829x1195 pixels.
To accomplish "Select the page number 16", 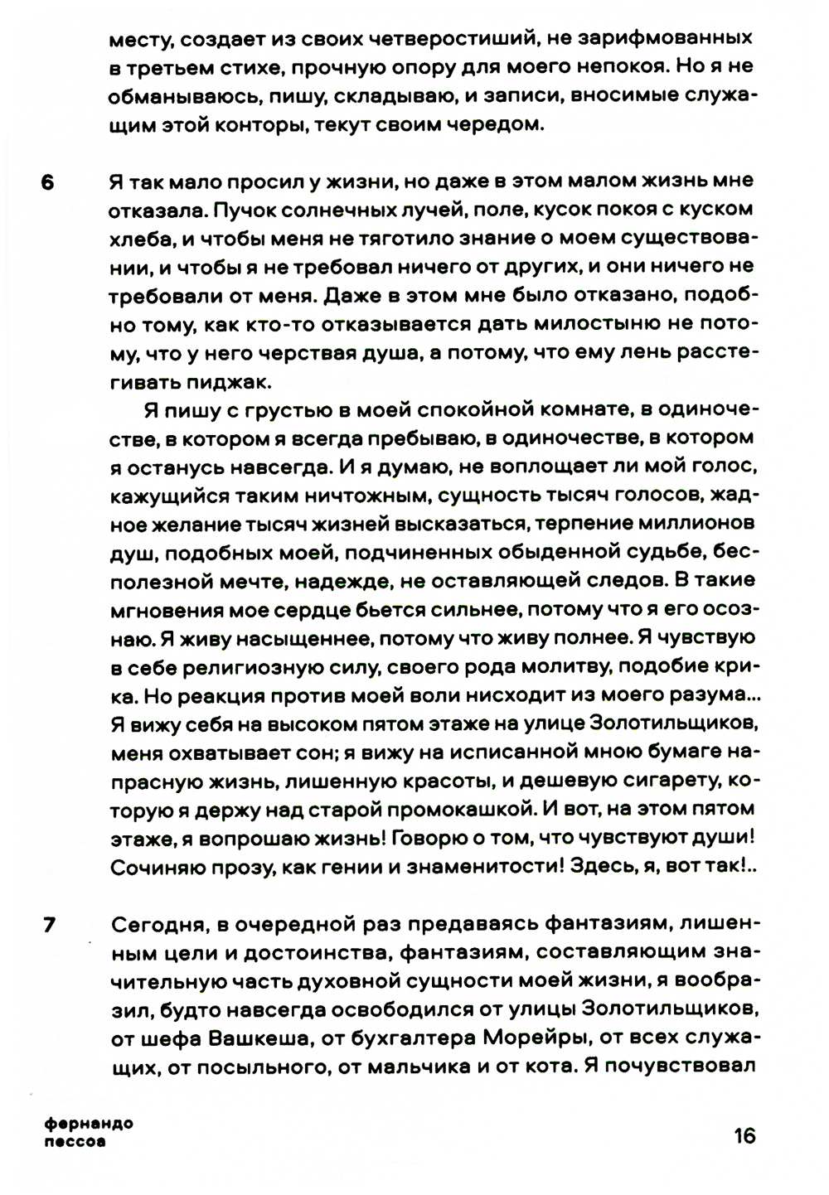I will click(x=744, y=1135).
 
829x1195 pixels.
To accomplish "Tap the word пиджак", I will click(x=245, y=381).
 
